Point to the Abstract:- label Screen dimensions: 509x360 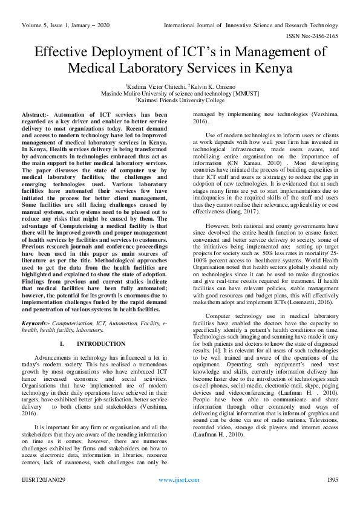pos(36,114)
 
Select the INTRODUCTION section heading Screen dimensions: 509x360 pos(102,343)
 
